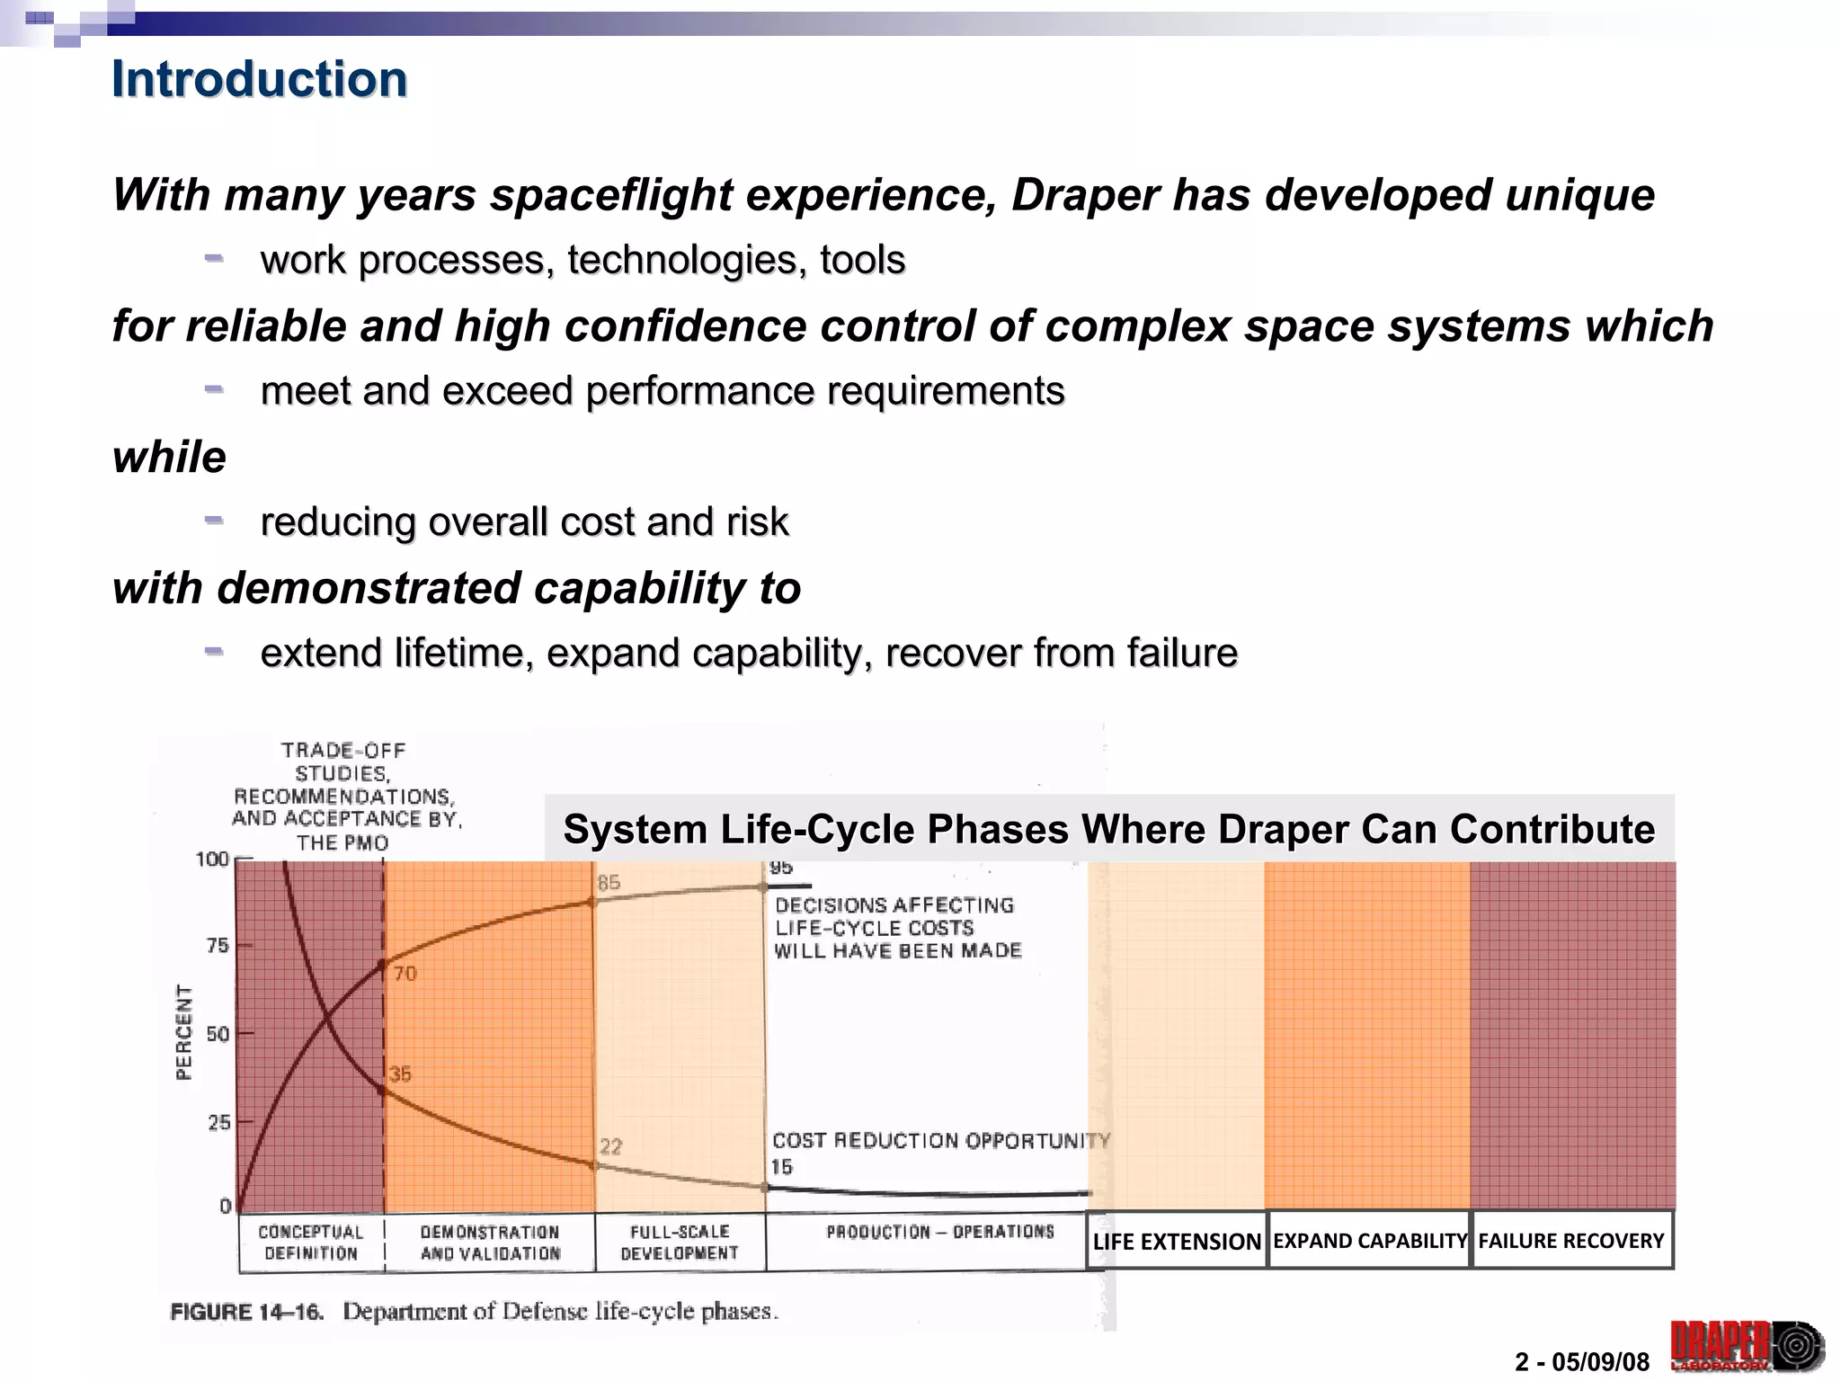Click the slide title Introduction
click(259, 79)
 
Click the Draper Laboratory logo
click(1746, 1346)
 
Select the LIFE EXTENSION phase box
click(1176, 1242)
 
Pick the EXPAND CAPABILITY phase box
click(1369, 1241)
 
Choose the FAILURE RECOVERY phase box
click(1571, 1241)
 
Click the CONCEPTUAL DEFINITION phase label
click(310, 1243)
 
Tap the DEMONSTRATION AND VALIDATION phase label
click(490, 1243)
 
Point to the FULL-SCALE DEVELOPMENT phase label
click(680, 1243)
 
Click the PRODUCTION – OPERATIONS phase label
click(939, 1232)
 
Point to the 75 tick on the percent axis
click(218, 946)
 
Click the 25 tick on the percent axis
click(218, 1122)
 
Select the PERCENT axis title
click(183, 1031)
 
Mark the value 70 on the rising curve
click(405, 974)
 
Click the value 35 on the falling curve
click(400, 1074)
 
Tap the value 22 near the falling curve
click(610, 1146)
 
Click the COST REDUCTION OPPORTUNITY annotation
click(940, 1141)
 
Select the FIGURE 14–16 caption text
click(474, 1312)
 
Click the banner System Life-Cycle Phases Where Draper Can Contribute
click(1108, 829)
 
